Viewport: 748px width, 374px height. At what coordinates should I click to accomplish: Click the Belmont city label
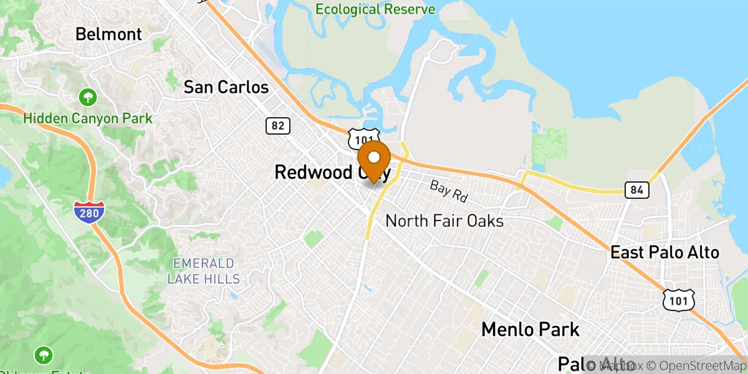coord(108,34)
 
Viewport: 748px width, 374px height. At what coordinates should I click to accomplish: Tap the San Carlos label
coord(226,87)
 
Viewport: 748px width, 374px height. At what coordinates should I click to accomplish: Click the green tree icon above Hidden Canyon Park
coord(88,97)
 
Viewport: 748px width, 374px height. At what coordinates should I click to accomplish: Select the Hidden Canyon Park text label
coord(88,118)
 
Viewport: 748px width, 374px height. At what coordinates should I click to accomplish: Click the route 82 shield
coord(277,126)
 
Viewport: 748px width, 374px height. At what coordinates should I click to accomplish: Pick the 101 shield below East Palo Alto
coord(677,300)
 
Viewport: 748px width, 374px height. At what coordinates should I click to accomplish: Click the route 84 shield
coord(637,190)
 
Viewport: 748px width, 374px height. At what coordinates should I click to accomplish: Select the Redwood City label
coord(332,172)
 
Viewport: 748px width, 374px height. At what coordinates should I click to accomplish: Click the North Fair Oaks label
coord(444,221)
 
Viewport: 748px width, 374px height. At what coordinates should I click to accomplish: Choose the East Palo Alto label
coord(664,252)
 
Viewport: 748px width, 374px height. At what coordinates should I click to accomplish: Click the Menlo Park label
coord(530,328)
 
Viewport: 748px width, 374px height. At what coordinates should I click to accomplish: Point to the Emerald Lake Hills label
coord(204,271)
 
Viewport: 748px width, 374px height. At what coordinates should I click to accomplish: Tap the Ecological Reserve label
coord(375,9)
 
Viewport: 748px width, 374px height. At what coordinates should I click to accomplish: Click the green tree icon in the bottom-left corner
coord(44,355)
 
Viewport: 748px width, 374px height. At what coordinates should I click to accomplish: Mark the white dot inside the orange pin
coord(374,156)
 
